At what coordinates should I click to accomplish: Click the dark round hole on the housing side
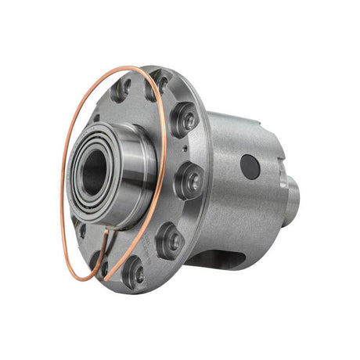(250, 166)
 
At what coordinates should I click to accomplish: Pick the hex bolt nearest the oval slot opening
(171, 242)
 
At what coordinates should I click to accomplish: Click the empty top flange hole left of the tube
(123, 91)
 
